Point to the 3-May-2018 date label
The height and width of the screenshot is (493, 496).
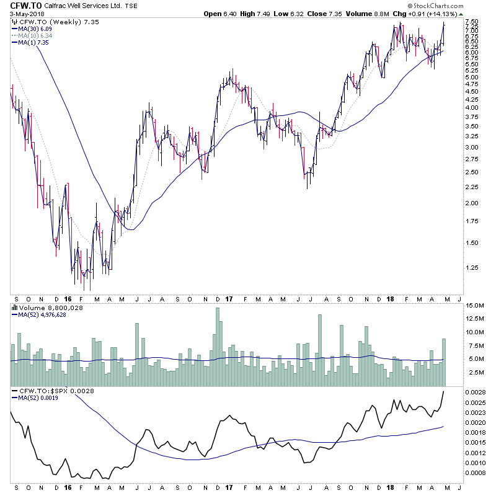[21, 16]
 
